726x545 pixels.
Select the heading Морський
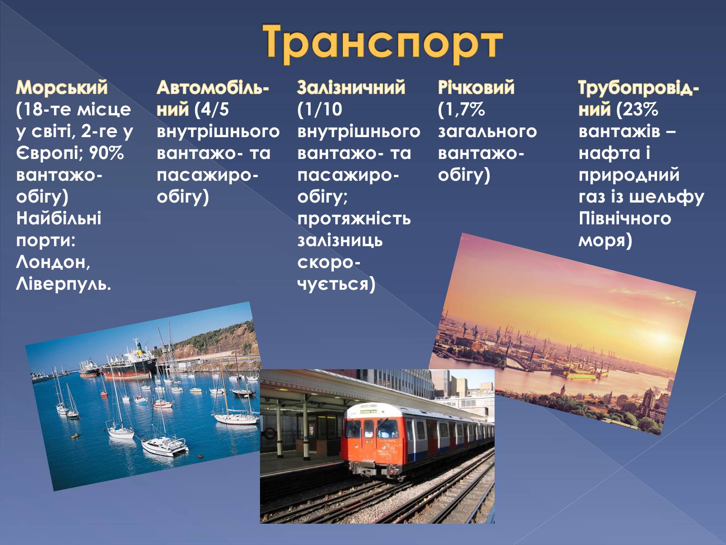point(62,88)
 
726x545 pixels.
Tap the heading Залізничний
point(351,88)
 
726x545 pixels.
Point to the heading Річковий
point(476,88)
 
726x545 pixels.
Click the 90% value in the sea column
point(106,153)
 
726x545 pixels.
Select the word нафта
point(609,153)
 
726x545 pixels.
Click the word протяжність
point(354,219)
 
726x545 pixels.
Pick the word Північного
point(625,219)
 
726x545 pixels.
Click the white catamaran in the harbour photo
point(164,446)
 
